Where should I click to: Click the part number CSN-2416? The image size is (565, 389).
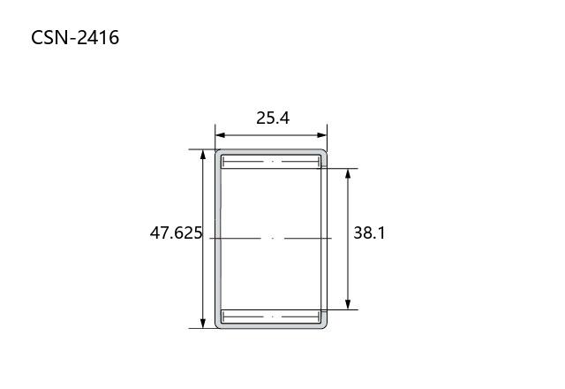pos(75,37)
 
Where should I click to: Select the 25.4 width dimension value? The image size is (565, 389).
pos(273,118)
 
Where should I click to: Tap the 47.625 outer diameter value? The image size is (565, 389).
pos(176,233)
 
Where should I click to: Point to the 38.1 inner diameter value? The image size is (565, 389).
pos(369,233)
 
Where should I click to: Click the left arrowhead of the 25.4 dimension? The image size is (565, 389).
pos(220,135)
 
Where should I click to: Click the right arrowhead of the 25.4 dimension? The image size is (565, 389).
pos(322,135)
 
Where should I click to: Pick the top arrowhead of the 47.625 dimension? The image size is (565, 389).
pos(203,154)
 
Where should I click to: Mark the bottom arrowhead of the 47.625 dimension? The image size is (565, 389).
pos(203,324)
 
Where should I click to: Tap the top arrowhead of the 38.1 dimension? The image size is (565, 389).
pos(348,173)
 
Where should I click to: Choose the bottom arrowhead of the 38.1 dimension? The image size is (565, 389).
pos(348,304)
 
